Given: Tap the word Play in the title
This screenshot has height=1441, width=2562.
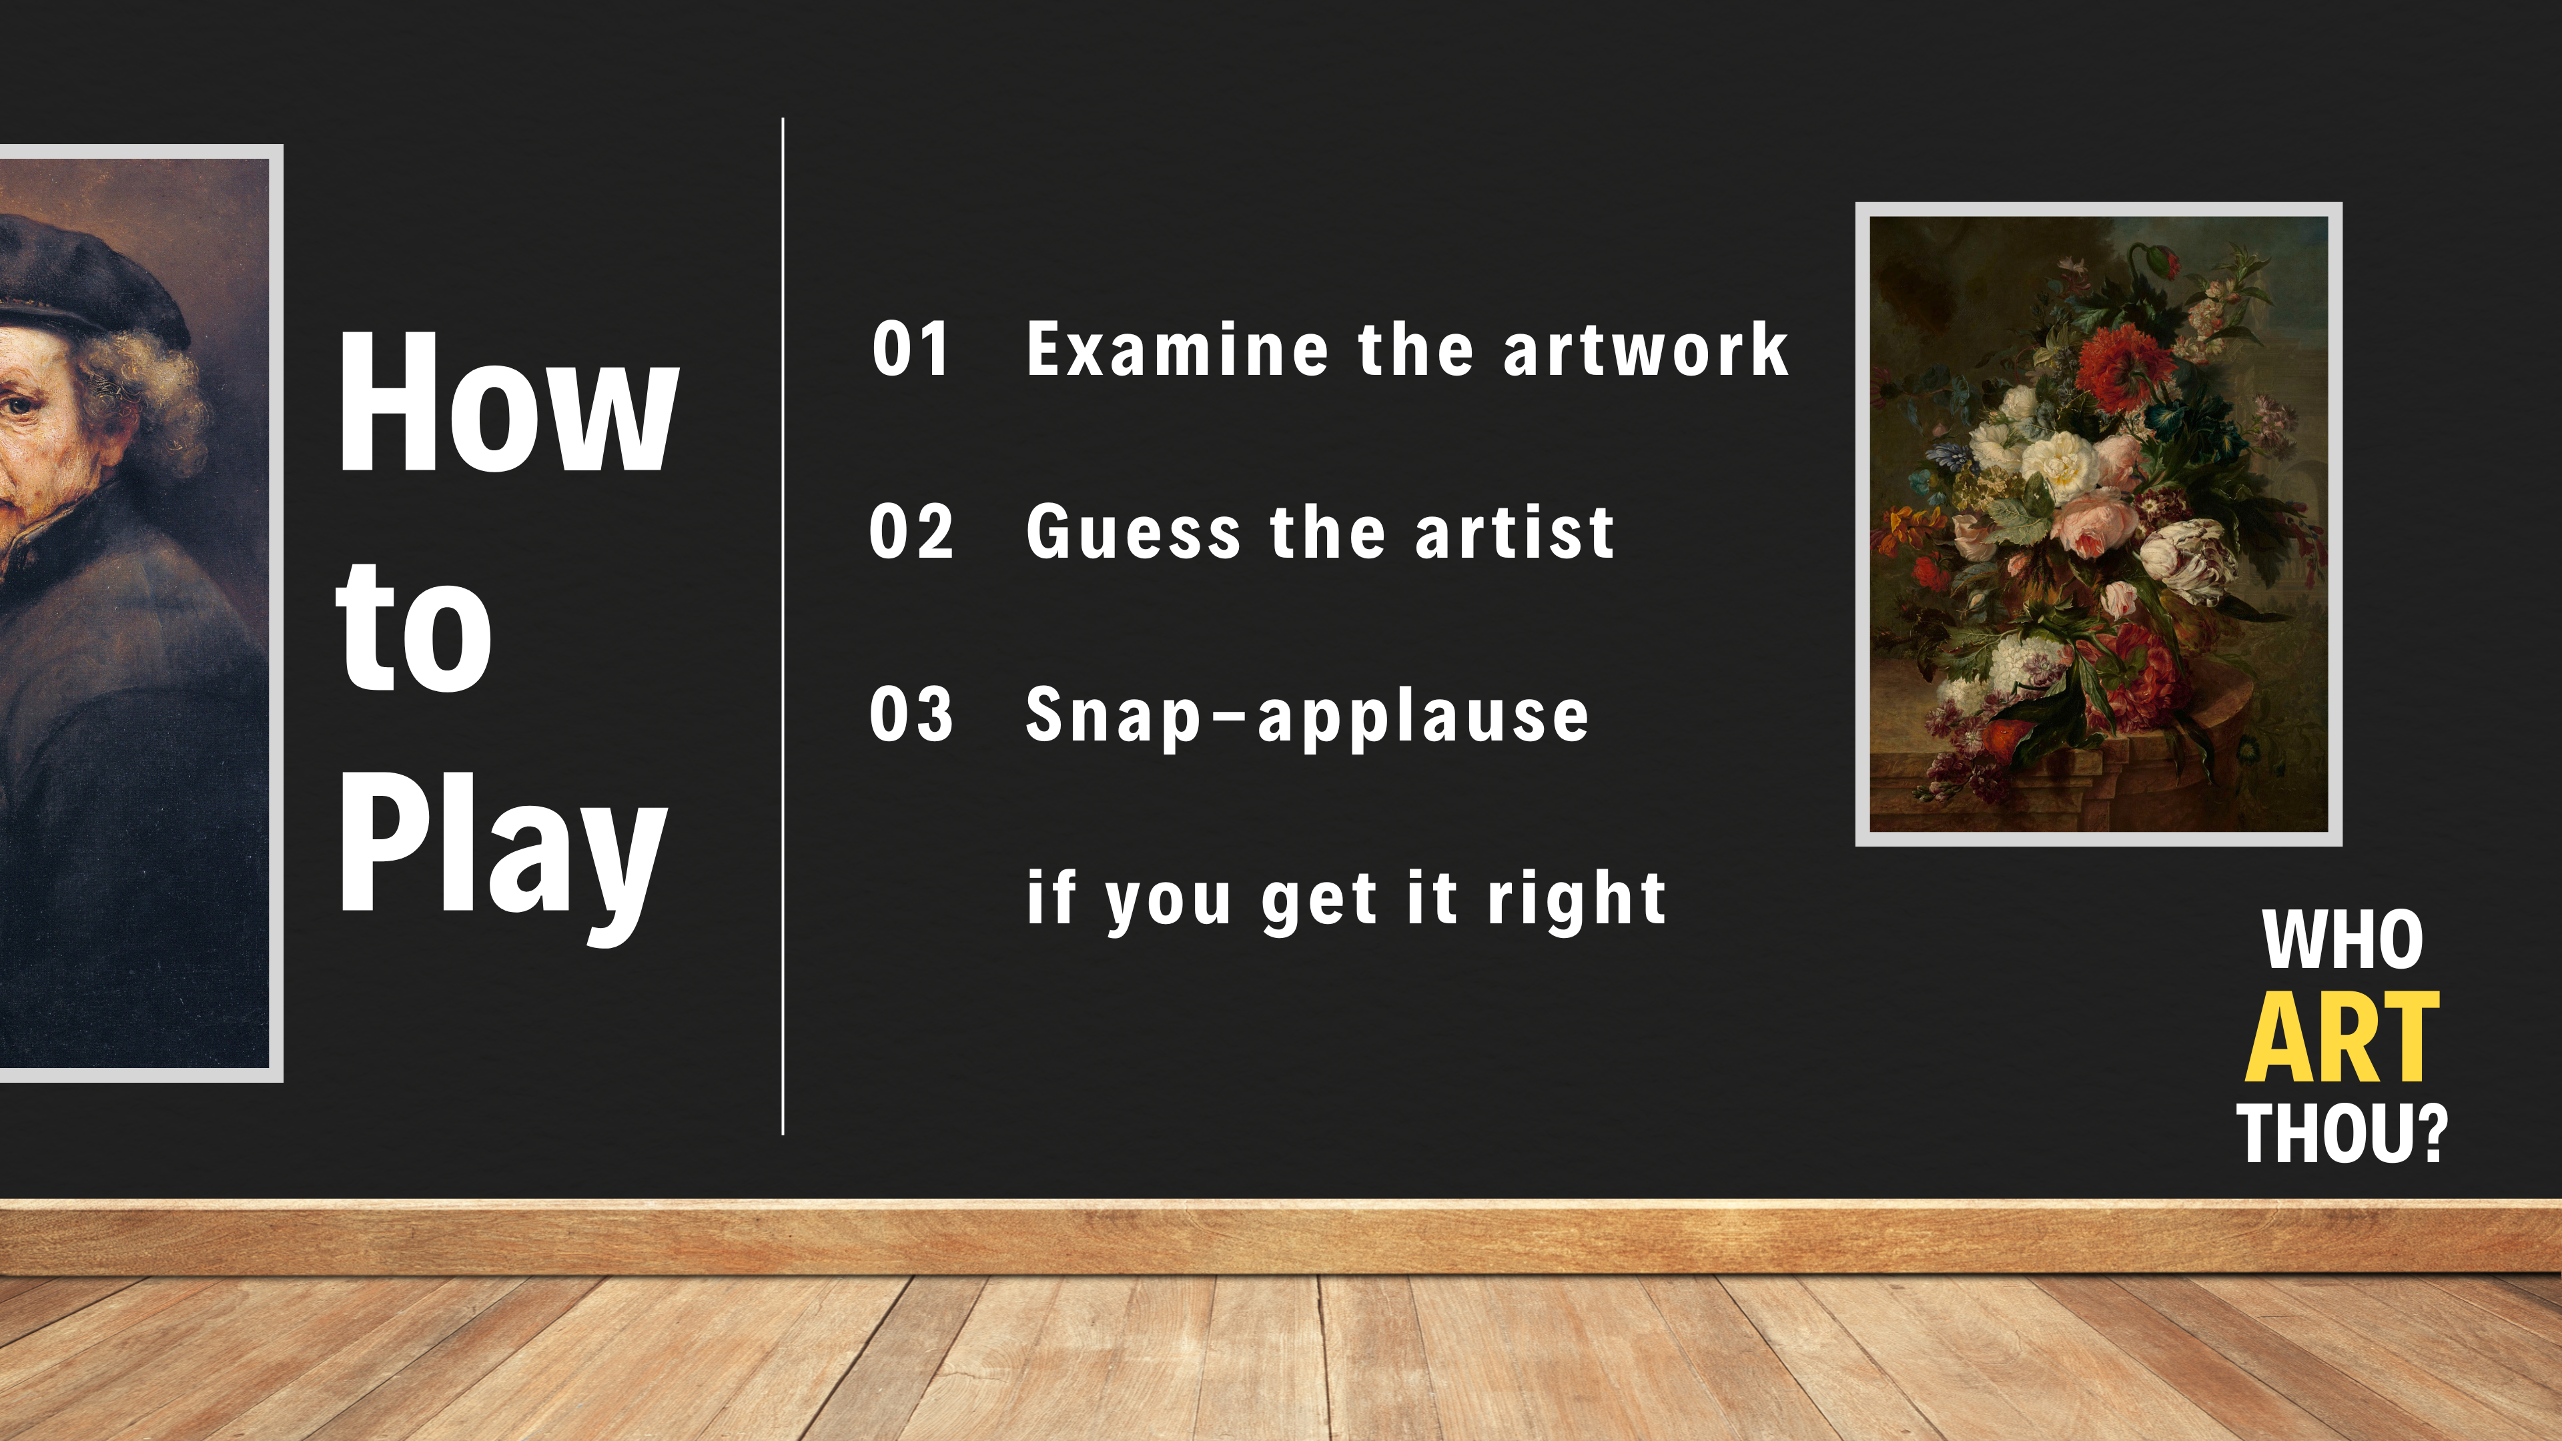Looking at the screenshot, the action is [502, 857].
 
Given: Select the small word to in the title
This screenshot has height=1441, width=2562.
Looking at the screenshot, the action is [414, 626].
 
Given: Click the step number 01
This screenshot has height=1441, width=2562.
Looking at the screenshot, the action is [910, 350].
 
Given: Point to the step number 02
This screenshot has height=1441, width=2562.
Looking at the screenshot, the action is [911, 532].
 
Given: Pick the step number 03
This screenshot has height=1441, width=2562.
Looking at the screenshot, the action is [911, 715].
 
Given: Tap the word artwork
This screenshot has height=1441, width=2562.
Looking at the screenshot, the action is [1646, 350].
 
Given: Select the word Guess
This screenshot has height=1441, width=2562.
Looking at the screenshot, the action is [1134, 532].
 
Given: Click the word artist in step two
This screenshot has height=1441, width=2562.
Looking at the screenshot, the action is [1515, 532].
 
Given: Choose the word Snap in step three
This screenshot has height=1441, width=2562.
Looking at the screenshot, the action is [1115, 718].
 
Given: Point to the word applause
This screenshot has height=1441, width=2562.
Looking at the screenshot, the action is [1424, 718].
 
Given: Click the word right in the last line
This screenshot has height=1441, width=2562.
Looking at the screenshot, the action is [1577, 900].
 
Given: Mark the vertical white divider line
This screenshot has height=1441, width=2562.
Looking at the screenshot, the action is [783, 626].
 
